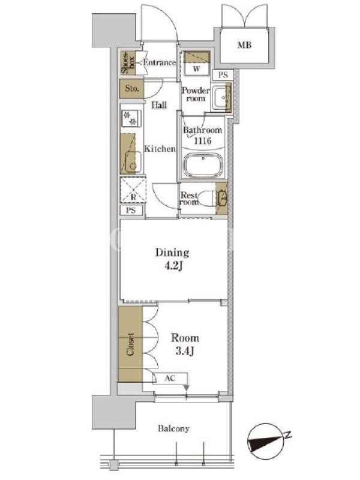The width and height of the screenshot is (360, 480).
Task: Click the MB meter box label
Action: [244, 46]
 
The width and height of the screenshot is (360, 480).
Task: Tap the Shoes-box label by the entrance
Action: [128, 63]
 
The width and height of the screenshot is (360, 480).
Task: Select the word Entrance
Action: [160, 62]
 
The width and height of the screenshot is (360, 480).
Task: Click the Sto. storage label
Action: [131, 88]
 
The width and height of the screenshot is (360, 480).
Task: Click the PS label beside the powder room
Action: [223, 74]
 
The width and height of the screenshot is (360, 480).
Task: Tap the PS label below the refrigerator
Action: [131, 211]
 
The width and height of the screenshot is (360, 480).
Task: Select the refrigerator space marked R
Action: [133, 190]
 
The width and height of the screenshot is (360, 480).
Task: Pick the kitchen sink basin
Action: [133, 161]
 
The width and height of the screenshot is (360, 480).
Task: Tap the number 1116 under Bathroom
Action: [202, 140]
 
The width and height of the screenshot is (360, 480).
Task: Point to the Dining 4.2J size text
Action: [172, 259]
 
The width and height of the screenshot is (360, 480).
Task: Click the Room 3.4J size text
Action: [185, 344]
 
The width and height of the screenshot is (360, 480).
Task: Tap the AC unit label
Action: [170, 378]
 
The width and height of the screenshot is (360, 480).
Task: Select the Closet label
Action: [130, 344]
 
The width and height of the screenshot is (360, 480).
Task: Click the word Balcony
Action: [173, 428]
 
